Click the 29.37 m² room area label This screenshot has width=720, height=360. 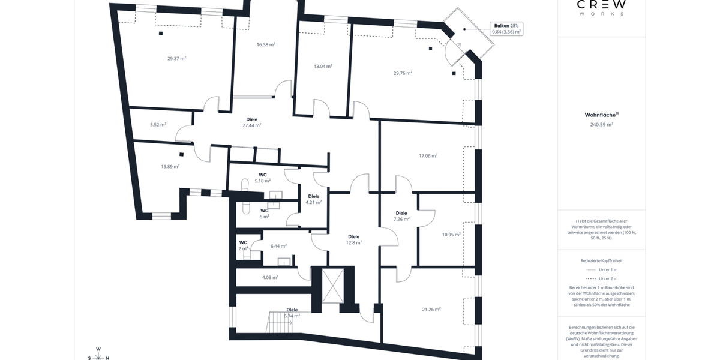(176, 58)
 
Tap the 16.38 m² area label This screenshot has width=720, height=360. (266, 44)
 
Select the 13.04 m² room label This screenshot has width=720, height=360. (323, 66)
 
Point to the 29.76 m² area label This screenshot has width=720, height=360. (403, 73)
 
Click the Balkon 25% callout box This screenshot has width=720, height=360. (506, 28)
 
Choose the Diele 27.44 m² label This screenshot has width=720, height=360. (251, 122)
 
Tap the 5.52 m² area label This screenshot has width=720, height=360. (158, 125)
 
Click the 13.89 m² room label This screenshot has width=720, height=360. (170, 166)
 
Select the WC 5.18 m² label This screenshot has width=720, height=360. (262, 177)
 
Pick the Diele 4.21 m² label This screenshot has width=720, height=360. (314, 199)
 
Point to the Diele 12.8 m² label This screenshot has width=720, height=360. (353, 239)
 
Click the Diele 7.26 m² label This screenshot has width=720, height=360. (401, 216)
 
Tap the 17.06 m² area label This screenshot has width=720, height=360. (428, 155)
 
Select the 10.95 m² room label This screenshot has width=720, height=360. (451, 235)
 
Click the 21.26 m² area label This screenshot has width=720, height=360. (431, 310)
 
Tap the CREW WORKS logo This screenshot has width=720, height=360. (601, 8)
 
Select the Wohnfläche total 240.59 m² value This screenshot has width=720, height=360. (601, 125)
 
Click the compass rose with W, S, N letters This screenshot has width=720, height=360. (98, 355)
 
